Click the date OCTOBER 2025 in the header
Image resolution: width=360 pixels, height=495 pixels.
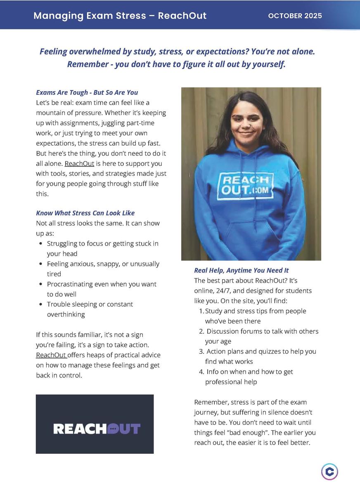point(295,16)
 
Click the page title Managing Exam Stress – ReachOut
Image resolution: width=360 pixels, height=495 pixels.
point(120,16)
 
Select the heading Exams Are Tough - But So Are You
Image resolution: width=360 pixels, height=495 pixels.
point(87,92)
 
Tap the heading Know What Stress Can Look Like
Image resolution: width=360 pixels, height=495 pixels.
point(85,213)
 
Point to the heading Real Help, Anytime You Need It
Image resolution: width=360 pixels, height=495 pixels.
point(242,271)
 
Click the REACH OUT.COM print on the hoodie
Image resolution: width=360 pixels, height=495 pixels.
point(246,186)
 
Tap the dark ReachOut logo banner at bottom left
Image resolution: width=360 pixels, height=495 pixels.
point(95,424)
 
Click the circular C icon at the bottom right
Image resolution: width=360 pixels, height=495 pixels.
point(329,471)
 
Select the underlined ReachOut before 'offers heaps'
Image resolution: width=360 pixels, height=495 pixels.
point(51,355)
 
